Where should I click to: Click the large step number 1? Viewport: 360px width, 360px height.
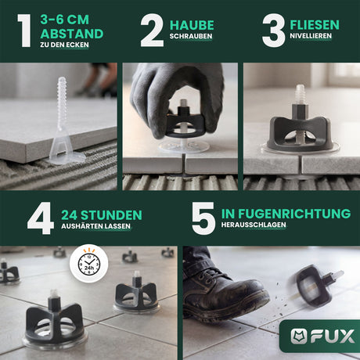coord(24,31)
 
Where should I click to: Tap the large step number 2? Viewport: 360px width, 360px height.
coord(152,31)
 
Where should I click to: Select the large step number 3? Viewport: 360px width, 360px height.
coord(273,31)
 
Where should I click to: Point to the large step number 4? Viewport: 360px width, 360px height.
coord(41,218)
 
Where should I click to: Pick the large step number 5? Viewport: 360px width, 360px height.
coord(203,218)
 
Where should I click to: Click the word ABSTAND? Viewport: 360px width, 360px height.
coord(72,34)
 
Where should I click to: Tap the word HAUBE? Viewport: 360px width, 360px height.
coord(192,25)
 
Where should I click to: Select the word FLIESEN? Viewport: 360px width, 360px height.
coord(315,25)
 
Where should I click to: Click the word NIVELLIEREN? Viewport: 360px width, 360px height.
coord(311,36)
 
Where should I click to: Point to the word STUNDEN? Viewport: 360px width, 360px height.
coord(111,215)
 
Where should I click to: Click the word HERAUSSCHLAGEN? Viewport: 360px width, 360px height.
coord(254,225)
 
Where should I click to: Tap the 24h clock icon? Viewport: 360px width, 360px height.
coord(89,264)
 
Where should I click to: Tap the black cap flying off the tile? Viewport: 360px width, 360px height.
coord(315,284)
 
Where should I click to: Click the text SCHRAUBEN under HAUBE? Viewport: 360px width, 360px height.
coord(191,36)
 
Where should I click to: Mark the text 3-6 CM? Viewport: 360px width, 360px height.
coord(65,20)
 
